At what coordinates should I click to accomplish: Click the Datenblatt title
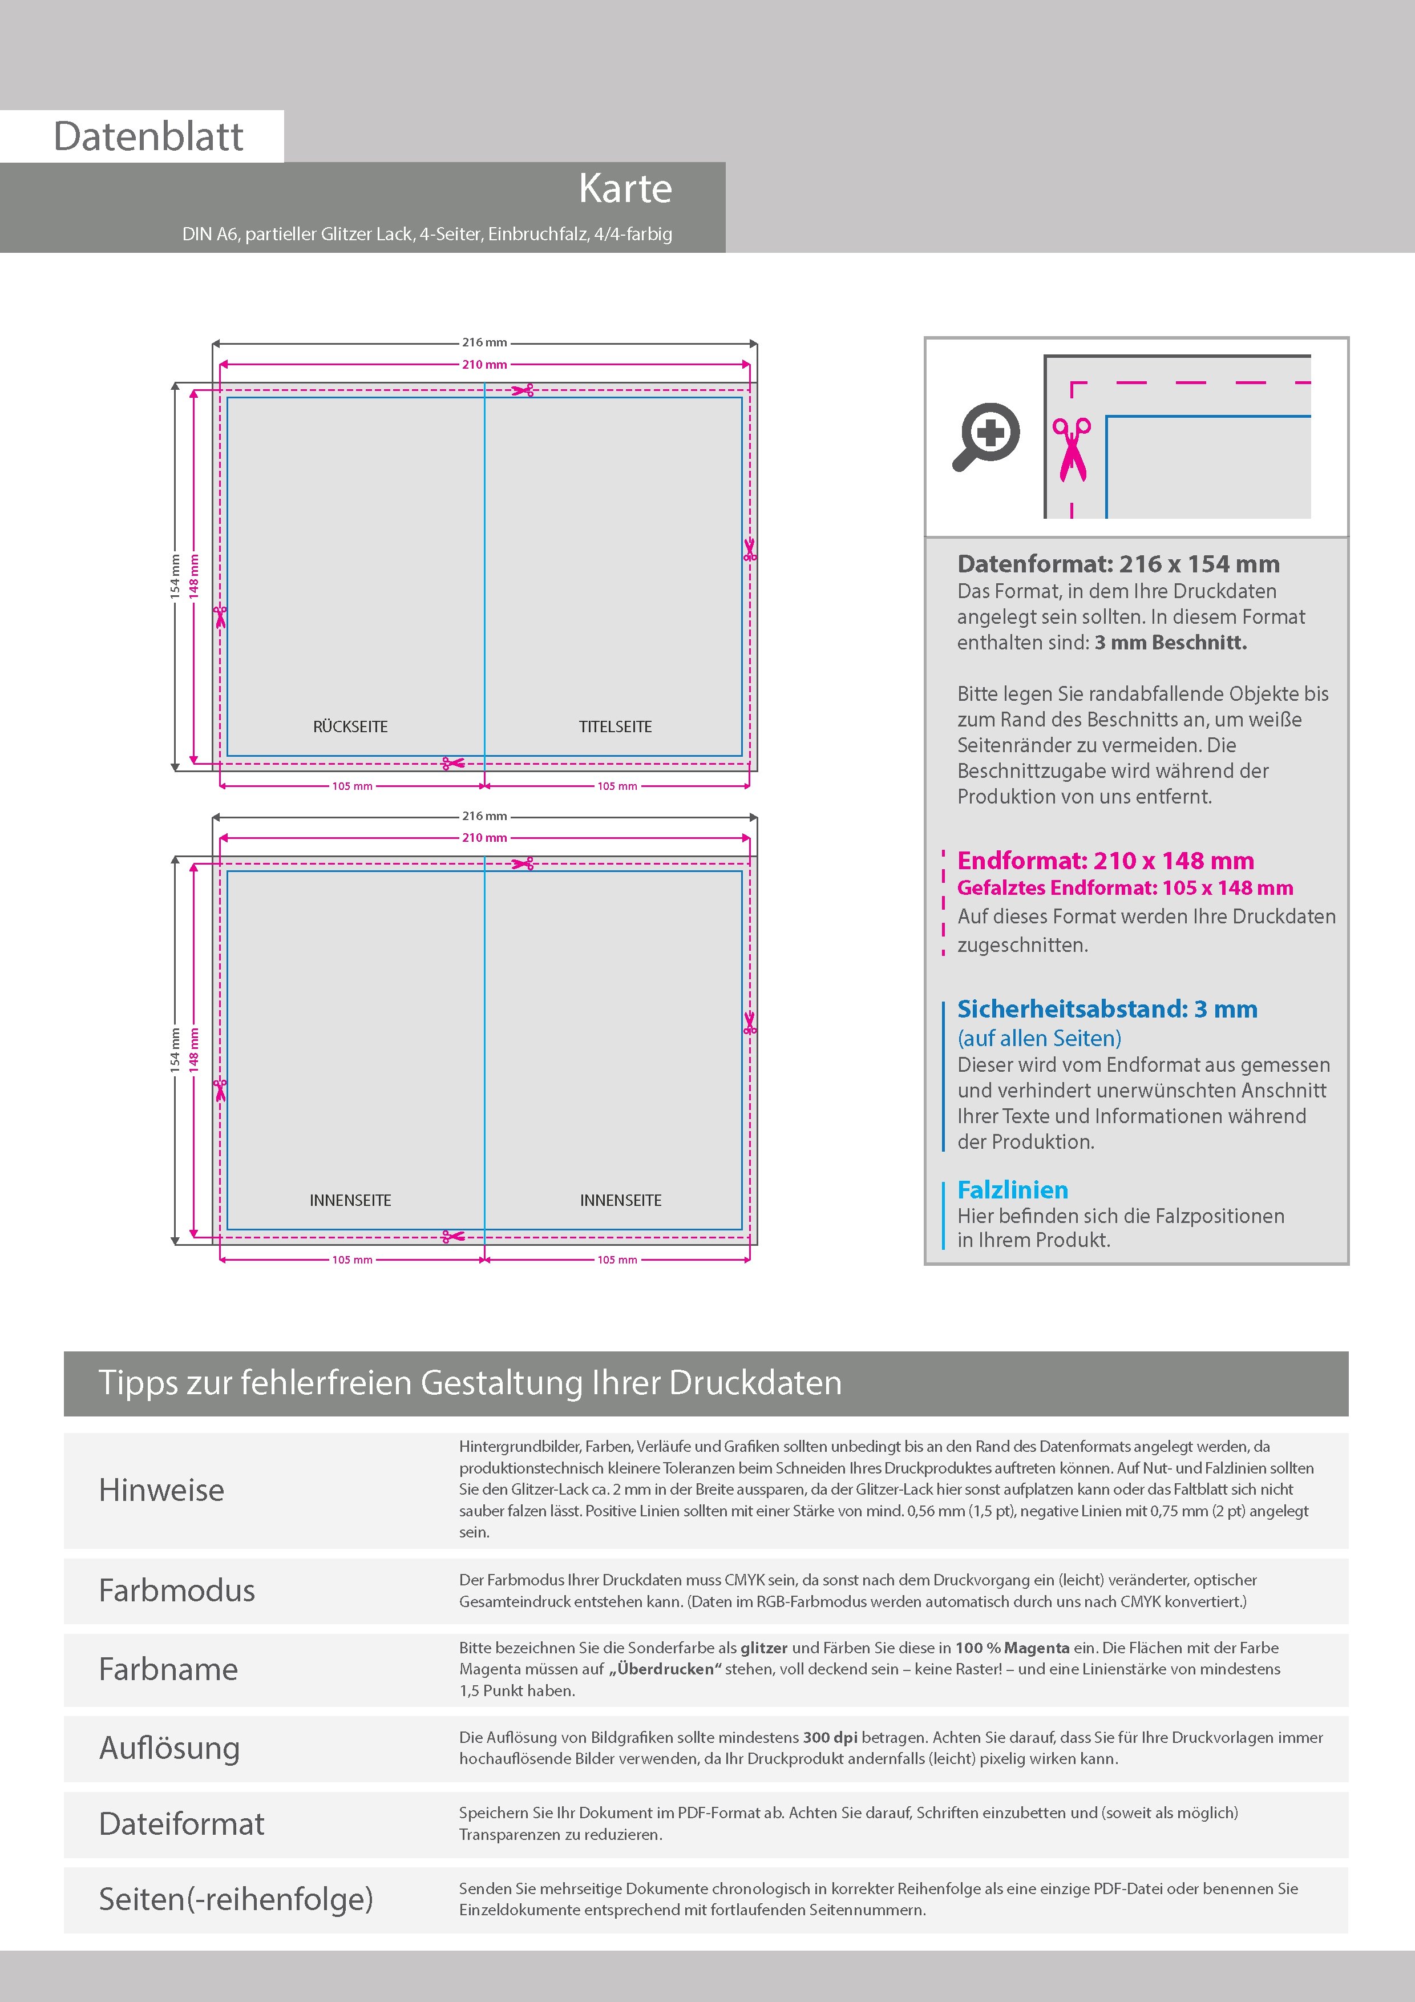(x=148, y=137)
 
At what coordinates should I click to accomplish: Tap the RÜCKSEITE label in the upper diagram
(x=350, y=726)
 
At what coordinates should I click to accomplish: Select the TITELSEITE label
(x=616, y=726)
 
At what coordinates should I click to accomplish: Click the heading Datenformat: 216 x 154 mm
(x=1118, y=564)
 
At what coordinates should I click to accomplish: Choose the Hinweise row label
(x=161, y=1490)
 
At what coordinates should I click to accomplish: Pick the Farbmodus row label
(x=177, y=1591)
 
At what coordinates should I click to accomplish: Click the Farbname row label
(x=168, y=1669)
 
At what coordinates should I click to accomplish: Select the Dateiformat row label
(x=181, y=1823)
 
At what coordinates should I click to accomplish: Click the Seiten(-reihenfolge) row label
(x=236, y=1898)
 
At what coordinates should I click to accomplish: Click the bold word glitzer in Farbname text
(x=764, y=1648)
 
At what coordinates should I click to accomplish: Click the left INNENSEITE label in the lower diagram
(x=350, y=1200)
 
